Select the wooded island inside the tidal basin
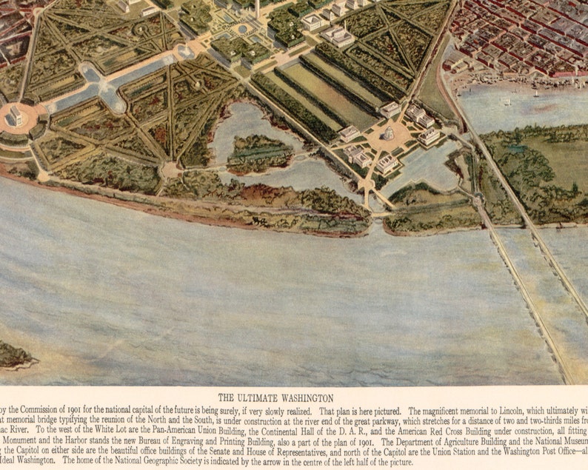coord(258,152)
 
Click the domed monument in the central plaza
coord(388,134)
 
